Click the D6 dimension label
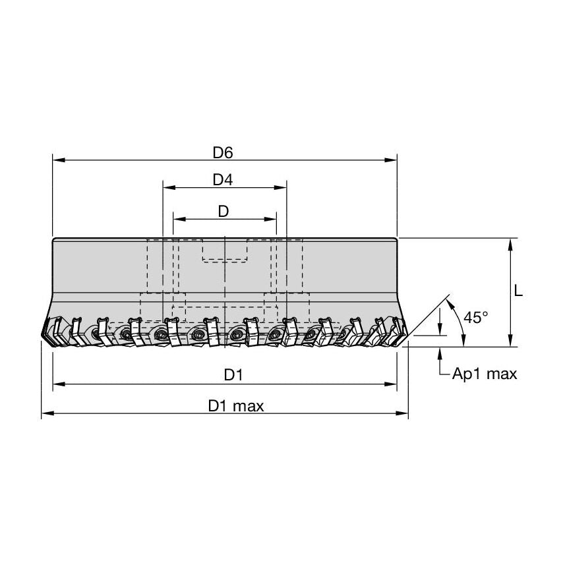tap(223, 152)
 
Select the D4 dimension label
tap(224, 179)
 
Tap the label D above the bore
tap(223, 211)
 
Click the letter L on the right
tap(518, 291)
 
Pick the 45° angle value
tap(475, 317)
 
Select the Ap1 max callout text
tap(485, 374)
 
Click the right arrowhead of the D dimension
tap(272, 218)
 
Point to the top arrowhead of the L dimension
tap(510, 243)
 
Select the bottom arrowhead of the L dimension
tap(510, 341)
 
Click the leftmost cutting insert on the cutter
tap(52, 330)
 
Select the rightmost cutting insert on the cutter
tap(396, 330)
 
